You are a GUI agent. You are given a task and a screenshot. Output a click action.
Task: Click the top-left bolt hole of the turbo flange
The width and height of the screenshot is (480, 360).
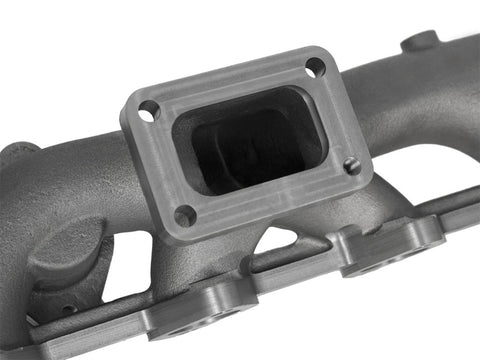148,113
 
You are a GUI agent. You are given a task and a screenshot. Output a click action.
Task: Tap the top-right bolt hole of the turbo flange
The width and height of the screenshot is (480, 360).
315,68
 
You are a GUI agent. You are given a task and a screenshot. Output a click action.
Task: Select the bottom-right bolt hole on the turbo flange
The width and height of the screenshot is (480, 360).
352,166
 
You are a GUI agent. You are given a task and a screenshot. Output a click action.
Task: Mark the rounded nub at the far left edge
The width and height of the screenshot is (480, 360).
12,160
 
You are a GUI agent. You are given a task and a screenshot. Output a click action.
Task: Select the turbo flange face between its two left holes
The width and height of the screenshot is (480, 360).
160,165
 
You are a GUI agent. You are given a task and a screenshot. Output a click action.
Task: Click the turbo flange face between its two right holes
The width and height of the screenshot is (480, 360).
341,115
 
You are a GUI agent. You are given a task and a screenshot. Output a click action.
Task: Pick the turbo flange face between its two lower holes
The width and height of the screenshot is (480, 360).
270,199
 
